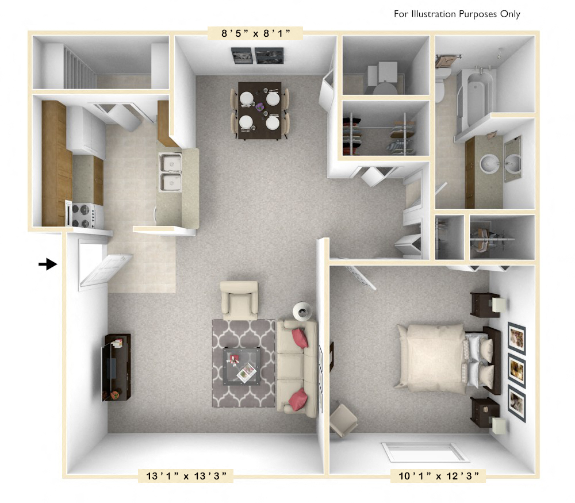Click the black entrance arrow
pyautogui.click(x=47, y=264)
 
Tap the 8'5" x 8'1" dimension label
pyautogui.click(x=255, y=34)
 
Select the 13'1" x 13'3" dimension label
pyautogui.click(x=185, y=475)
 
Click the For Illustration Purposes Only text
pyautogui.click(x=457, y=14)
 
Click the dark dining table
pyautogui.click(x=259, y=110)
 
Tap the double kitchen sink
pyautogui.click(x=170, y=172)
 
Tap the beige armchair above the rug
pyautogui.click(x=239, y=299)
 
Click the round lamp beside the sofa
pyautogui.click(x=302, y=311)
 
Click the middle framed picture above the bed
pyautogui.click(x=516, y=371)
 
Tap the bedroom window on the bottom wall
pyautogui.click(x=425, y=452)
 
